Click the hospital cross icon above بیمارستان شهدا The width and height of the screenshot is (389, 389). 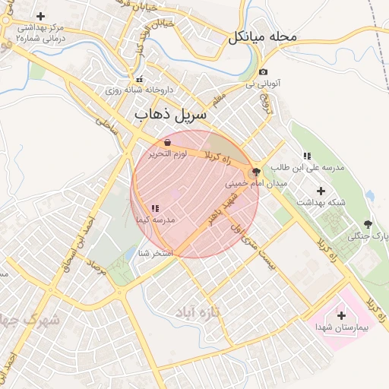340,315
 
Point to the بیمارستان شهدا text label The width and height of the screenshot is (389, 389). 341,327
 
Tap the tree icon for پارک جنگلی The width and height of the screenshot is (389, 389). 368,224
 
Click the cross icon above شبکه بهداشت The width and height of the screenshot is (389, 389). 320,191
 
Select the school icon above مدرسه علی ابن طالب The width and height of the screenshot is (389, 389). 307,156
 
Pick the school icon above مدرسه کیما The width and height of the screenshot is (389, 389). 155,208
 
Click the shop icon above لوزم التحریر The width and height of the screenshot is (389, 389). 167,142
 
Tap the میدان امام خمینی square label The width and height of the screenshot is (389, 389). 256,184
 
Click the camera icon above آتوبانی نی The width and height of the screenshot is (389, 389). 264,72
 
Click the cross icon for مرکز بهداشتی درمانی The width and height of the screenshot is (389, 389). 40,16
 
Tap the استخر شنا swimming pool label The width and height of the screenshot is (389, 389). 157,253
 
